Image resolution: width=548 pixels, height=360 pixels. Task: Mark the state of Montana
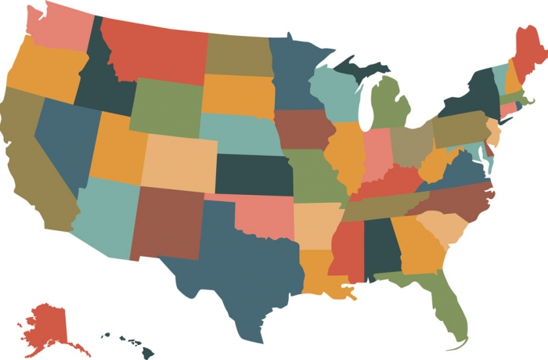tap(157, 47)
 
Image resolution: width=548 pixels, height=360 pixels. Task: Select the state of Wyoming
tap(164, 106)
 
